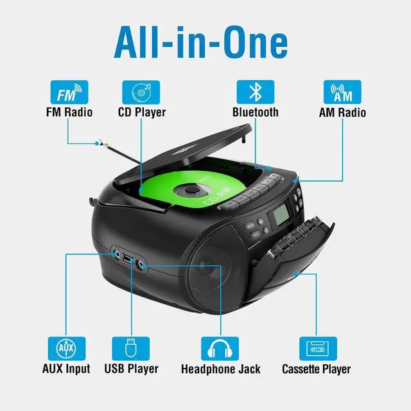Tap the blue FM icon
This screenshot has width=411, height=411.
69,92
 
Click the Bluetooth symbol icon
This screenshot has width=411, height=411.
255,92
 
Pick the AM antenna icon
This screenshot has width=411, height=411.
342,92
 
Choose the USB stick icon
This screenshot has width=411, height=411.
130,348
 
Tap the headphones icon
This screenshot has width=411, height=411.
220,348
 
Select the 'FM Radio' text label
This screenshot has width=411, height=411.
69,112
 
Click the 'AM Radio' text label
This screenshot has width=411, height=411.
342,112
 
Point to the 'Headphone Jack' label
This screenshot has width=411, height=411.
220,369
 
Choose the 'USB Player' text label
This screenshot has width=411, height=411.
130,369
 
